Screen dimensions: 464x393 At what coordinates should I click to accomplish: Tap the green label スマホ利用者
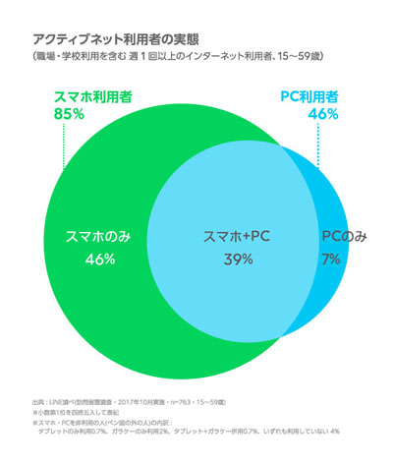90,97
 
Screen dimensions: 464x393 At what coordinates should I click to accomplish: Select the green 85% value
67,115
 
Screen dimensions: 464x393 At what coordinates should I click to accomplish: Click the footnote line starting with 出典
129,403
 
